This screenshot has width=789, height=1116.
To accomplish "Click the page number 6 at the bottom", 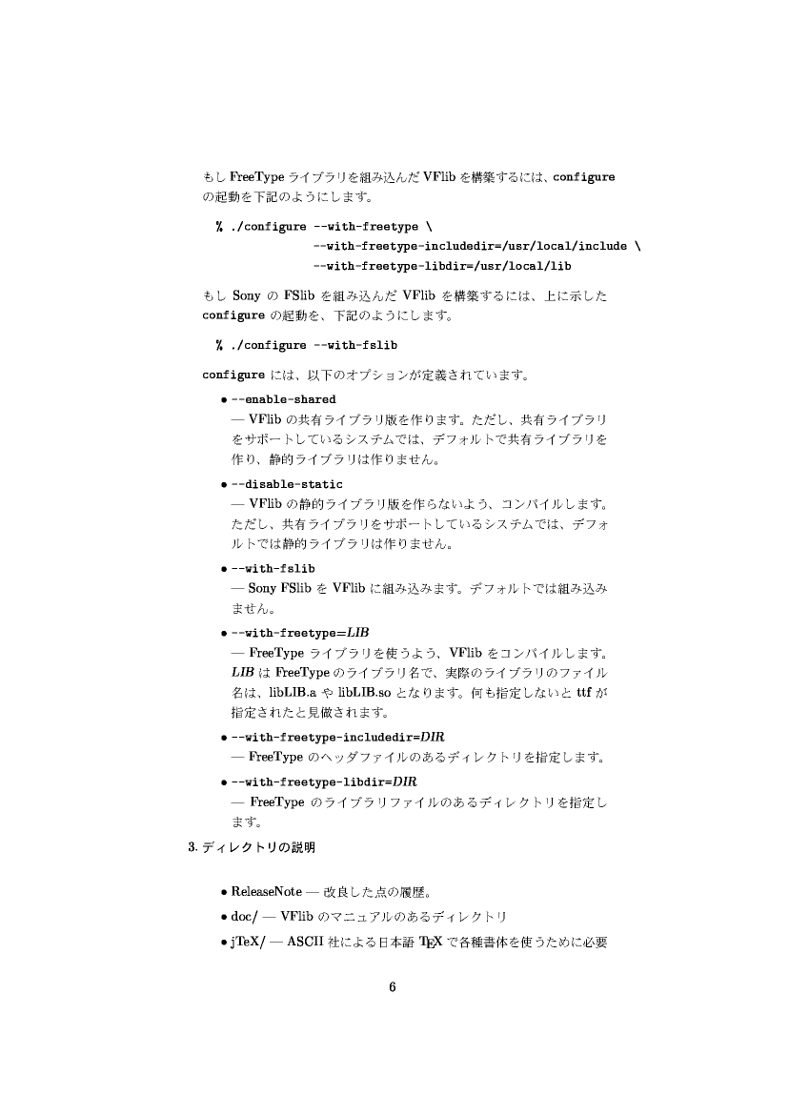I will point(393,986).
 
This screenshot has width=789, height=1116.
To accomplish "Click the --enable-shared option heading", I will point(283,399).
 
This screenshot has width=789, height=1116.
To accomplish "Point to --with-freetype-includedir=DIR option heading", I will point(338,738).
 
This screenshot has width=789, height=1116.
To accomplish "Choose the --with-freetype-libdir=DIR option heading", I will point(325,781).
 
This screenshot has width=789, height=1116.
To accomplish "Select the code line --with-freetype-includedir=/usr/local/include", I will point(470,246).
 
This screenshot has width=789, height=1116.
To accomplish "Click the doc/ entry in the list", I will point(245,917).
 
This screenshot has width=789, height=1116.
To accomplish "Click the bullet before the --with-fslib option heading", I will point(223,569).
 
